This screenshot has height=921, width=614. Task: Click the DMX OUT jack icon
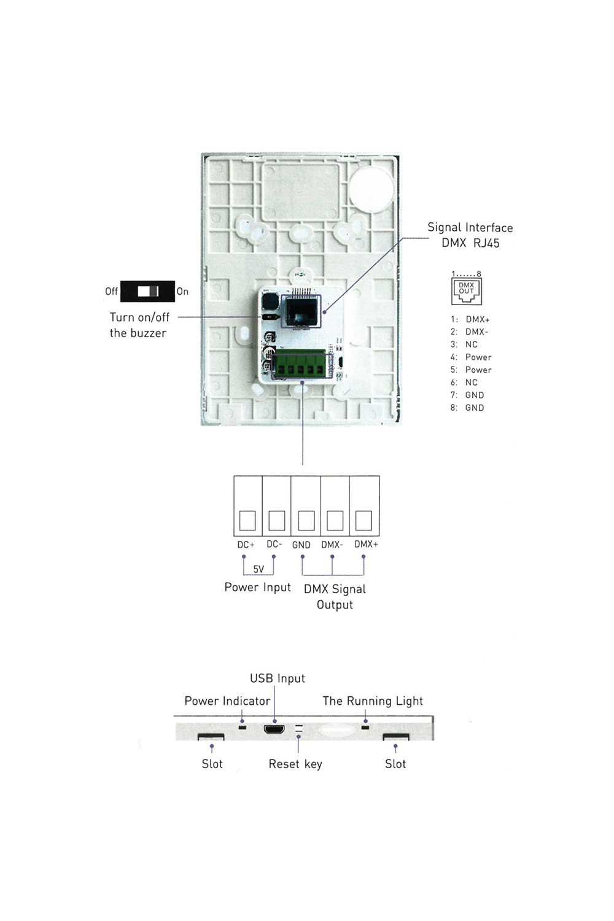[x=467, y=291]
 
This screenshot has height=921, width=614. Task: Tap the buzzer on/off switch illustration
[x=147, y=291]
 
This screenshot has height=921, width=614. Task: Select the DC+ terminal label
[x=246, y=545]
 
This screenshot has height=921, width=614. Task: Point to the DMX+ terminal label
[x=366, y=544]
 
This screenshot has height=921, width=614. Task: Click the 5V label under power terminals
[x=258, y=569]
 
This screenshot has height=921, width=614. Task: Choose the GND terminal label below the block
[x=301, y=545]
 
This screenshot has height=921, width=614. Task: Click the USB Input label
[x=277, y=678]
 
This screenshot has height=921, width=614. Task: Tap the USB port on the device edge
[x=274, y=729]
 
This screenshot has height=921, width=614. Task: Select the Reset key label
[x=295, y=764]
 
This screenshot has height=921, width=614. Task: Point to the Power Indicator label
[x=227, y=701]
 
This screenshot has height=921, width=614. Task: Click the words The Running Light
[x=373, y=701]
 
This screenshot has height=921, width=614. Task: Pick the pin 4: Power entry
[x=471, y=357]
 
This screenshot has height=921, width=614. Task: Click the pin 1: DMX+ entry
[x=470, y=319]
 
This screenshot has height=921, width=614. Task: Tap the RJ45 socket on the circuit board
[x=301, y=311]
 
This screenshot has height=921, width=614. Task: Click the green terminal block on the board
[x=300, y=363]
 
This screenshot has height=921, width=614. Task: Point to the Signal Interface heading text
[x=470, y=228]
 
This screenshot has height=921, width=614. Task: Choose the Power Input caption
[x=257, y=588]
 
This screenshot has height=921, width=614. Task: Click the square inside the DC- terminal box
[x=277, y=520]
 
